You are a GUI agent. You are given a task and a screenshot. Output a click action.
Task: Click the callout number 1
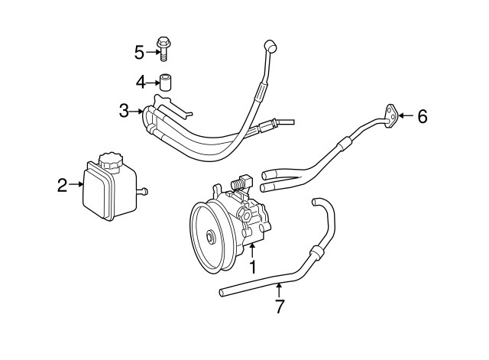[252, 267]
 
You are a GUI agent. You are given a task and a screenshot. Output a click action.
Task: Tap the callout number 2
[63, 183]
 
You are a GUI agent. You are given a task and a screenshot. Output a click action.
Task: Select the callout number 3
[125, 112]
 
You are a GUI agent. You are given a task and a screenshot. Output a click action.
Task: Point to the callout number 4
[141, 81]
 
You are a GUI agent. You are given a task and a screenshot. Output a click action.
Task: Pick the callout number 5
[139, 52]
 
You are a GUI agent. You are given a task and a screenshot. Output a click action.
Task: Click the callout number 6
[422, 116]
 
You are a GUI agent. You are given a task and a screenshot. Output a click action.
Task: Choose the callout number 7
[280, 306]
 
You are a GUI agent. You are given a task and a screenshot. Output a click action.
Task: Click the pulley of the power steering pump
[209, 235]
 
